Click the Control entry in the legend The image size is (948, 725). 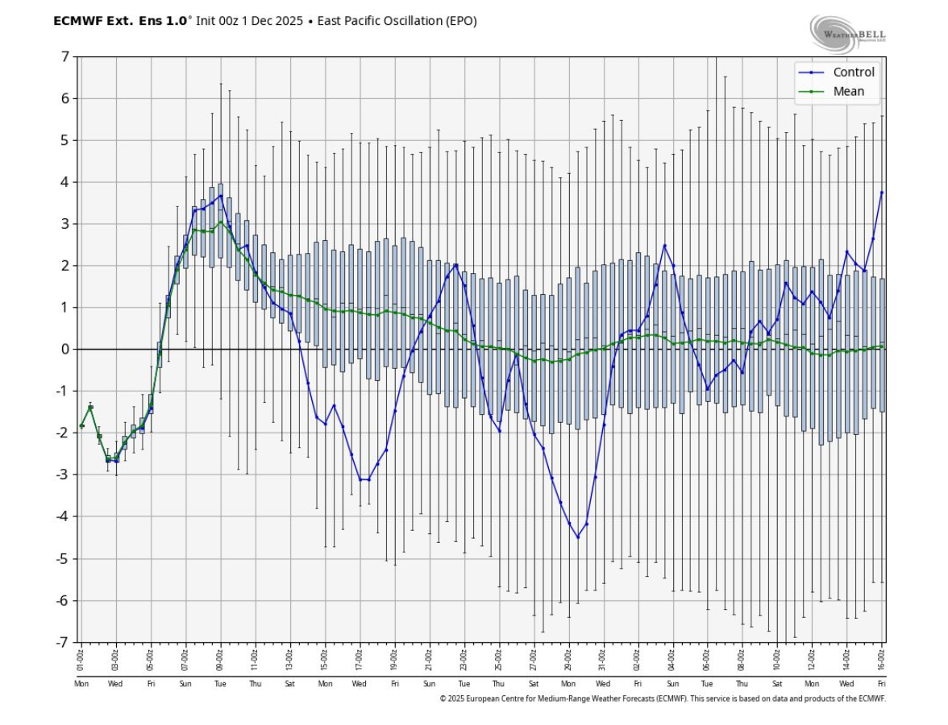pos(853,72)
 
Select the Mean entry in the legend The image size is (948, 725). pos(848,91)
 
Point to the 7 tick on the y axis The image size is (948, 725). pos(64,56)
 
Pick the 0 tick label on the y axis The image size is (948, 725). pos(64,349)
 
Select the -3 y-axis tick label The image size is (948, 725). pos(62,474)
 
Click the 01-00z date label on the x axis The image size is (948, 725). pos(81,659)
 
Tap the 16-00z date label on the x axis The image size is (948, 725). pos(882,659)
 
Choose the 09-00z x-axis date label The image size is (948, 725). pos(221,659)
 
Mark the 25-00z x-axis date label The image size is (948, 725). pos(499,659)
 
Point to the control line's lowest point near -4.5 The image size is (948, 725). pos(578,536)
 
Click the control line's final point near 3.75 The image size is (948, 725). pos(882,193)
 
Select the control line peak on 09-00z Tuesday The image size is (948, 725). pos(221,196)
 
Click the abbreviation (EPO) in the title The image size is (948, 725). pos(460,21)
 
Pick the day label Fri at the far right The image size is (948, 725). pos(882,683)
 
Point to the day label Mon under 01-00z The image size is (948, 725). pos(81,683)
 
